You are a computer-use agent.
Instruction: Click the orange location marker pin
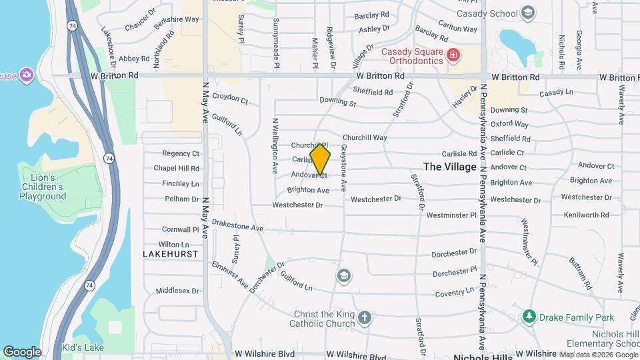(x=320, y=159)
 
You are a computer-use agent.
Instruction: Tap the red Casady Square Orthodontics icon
(x=453, y=55)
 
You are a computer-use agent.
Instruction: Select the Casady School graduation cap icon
(x=528, y=13)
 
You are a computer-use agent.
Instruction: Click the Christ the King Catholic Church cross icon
(x=364, y=317)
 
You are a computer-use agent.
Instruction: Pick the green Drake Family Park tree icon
(x=529, y=315)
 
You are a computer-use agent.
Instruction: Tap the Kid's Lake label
(x=83, y=348)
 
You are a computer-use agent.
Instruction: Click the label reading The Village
(x=450, y=167)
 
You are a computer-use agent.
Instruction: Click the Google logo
(x=22, y=351)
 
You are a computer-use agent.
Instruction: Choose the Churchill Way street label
(x=365, y=138)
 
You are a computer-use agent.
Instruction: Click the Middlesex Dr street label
(x=177, y=291)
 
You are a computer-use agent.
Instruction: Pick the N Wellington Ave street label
(x=275, y=147)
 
